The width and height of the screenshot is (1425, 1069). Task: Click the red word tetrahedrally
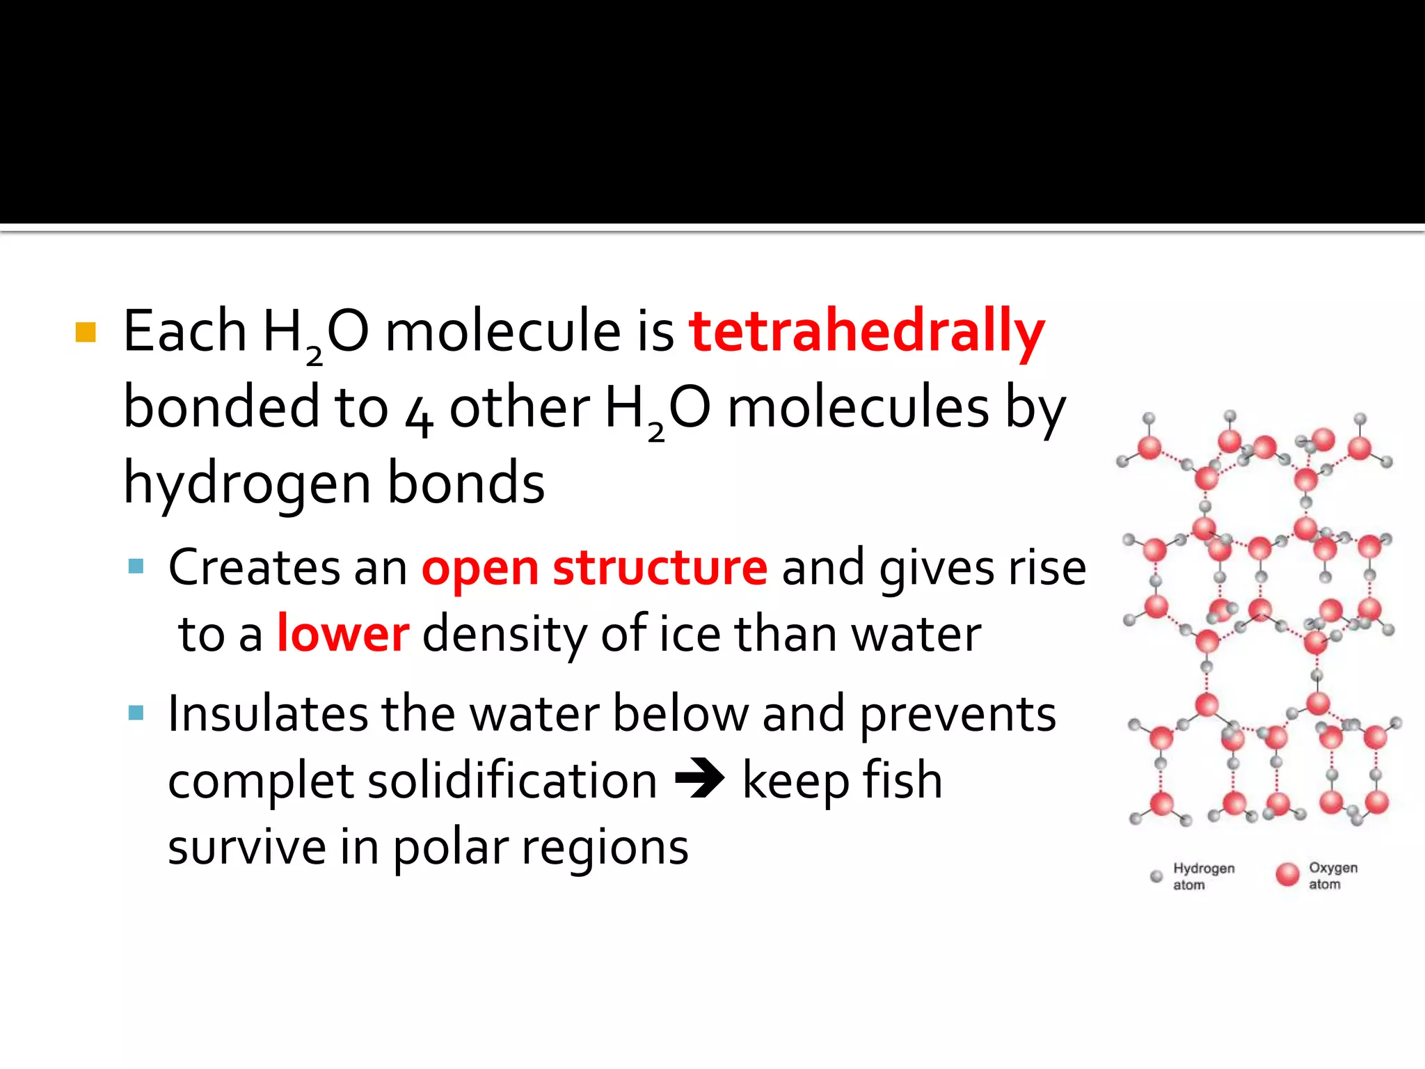point(866,333)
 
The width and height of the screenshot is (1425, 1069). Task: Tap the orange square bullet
point(85,333)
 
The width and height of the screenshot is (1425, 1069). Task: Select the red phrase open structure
point(594,568)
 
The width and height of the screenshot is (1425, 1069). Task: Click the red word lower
point(343,634)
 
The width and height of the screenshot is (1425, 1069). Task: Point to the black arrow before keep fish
point(699,779)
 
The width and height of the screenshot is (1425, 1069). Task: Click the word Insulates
point(268,714)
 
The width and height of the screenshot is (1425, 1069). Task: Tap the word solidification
point(512,781)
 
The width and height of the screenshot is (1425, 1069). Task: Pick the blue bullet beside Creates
point(136,566)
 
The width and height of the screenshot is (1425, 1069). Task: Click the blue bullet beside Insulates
point(136,713)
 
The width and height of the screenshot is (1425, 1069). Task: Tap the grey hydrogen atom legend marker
point(1156,876)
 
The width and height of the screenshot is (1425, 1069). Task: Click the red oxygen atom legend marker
point(1287,874)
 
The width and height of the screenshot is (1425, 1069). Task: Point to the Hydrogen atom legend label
point(1203,876)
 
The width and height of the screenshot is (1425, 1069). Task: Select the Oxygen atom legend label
point(1332,876)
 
